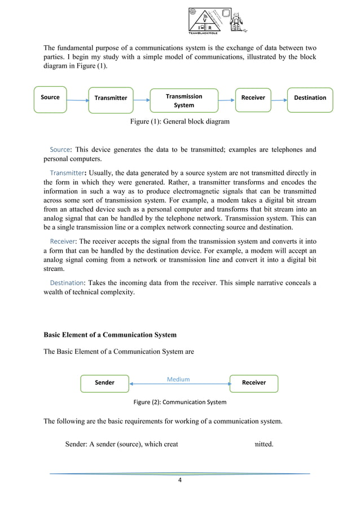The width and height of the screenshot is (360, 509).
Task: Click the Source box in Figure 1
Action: point(50,98)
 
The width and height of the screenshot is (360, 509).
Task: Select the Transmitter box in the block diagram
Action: point(111,98)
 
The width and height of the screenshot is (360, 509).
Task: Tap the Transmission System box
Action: point(184,101)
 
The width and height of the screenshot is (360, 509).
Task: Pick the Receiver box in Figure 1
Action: point(253,98)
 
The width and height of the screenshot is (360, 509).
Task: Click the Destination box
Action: point(310,98)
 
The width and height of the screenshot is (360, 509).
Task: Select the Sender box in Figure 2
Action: point(104,383)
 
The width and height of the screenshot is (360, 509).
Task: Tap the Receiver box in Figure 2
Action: point(253,383)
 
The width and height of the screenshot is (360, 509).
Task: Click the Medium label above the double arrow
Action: point(178,379)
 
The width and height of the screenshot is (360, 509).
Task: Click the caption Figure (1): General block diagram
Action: point(179,120)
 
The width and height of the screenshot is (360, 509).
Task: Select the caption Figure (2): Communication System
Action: point(179,402)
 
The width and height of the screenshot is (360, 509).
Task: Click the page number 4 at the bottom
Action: point(179,481)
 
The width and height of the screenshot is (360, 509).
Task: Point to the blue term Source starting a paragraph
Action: point(60,150)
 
